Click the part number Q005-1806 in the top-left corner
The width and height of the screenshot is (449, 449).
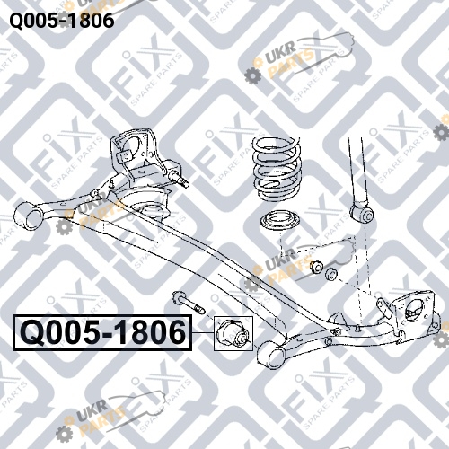[x=62, y=21]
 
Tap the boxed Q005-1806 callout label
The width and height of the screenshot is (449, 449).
[x=102, y=332]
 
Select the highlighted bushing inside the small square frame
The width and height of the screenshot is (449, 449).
[x=233, y=333]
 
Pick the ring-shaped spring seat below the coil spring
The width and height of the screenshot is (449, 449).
[x=279, y=222]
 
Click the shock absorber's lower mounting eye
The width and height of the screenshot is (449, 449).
[x=362, y=213]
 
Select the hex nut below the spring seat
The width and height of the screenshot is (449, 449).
[x=316, y=267]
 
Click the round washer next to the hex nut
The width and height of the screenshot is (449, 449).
[x=331, y=275]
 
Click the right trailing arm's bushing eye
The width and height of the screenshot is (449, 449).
[x=271, y=355]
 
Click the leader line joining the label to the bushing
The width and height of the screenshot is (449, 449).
[x=203, y=332]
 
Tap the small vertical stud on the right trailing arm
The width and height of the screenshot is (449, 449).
[x=357, y=328]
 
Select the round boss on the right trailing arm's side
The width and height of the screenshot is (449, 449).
[x=329, y=341]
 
